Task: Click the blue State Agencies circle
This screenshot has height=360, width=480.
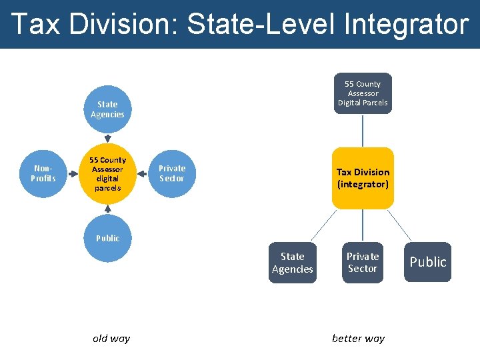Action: pyautogui.click(x=107, y=109)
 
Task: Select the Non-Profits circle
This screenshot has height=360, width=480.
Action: pyautogui.click(x=43, y=174)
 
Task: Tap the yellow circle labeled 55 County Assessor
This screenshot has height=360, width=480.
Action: pyautogui.click(x=107, y=174)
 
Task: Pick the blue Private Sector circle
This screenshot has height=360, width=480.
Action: pyautogui.click(x=172, y=174)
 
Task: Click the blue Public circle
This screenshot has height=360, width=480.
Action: pyautogui.click(x=107, y=238)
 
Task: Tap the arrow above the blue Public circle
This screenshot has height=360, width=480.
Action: pyautogui.click(x=107, y=210)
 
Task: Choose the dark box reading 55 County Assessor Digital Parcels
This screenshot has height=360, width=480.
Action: pyautogui.click(x=363, y=93)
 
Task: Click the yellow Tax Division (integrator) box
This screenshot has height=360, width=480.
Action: pyautogui.click(x=363, y=178)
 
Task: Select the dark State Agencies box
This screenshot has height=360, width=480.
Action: pyautogui.click(x=292, y=263)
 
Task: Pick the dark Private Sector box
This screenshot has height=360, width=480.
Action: pyautogui.click(x=363, y=263)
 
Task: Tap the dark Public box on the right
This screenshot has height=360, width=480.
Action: pyautogui.click(x=427, y=262)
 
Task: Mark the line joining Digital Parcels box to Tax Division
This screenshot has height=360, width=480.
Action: pyautogui.click(x=363, y=131)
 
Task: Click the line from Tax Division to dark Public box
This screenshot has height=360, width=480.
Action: pyautogui.click(x=400, y=225)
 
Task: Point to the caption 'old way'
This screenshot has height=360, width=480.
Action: pyautogui.click(x=111, y=338)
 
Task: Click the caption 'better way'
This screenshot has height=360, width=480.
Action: pyautogui.click(x=358, y=338)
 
